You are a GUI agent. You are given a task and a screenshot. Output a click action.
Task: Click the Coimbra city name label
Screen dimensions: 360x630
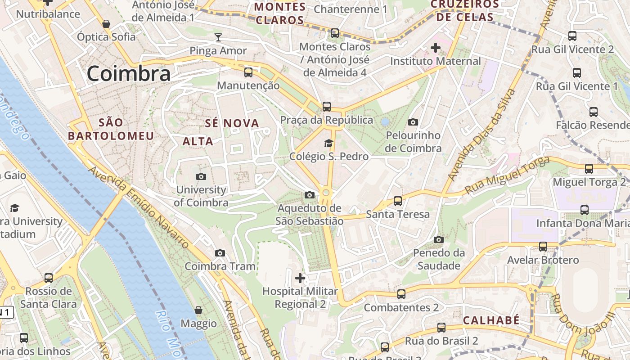coord(129,74)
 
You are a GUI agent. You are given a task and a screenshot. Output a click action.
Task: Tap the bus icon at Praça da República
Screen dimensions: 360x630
coord(327,107)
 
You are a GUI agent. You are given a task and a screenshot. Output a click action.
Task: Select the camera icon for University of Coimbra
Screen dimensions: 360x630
coord(201,176)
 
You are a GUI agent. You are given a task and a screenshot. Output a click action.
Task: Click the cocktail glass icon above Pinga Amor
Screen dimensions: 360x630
coord(218,37)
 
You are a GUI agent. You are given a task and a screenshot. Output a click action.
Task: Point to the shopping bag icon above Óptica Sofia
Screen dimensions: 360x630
coord(106,23)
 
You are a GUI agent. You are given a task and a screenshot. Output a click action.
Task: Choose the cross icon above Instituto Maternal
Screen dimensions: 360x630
coord(435,47)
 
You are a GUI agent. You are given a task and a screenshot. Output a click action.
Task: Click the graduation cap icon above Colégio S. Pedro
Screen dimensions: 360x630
coord(329,143)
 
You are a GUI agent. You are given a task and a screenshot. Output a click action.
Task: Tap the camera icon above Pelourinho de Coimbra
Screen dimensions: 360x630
coord(413,122)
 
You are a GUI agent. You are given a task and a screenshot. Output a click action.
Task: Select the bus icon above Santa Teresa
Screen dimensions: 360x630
coord(397,201)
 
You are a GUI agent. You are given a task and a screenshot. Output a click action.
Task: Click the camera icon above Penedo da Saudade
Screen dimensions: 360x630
coord(439,239)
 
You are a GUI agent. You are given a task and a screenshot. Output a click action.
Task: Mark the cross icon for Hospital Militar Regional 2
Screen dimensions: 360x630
coord(300,278)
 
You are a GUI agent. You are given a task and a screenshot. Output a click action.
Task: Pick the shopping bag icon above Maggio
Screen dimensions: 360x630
coord(198,310)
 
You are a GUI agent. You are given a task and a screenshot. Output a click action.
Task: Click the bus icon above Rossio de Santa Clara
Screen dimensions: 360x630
coord(48,278)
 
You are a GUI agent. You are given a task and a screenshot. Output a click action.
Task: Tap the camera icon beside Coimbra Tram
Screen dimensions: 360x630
coord(220,253)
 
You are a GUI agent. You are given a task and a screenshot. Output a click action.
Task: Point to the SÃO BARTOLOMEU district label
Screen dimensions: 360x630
coord(111,129)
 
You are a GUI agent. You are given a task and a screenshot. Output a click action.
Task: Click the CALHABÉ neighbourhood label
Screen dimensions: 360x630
coord(491,320)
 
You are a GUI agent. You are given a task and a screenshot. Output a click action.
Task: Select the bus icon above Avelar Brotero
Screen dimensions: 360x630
coord(543,246)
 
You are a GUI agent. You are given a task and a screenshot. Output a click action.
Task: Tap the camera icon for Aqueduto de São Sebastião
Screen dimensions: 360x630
coord(309,195)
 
